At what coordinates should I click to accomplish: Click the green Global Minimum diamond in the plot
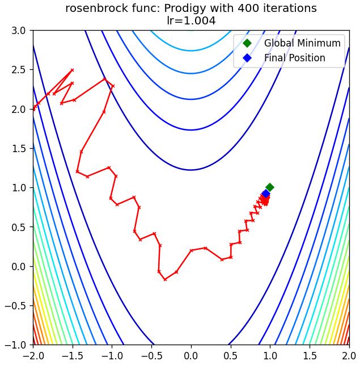tap(270, 187)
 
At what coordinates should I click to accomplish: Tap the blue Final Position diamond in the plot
tap(266, 194)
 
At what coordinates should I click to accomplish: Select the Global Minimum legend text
tap(302, 43)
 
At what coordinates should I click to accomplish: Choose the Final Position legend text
tap(295, 58)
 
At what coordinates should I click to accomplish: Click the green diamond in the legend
tap(247, 43)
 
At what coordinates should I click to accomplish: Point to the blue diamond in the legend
tap(247, 58)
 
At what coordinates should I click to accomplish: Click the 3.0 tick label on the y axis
tap(19, 31)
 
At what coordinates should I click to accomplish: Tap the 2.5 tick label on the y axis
tap(19, 70)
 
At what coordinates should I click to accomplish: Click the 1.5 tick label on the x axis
tap(310, 356)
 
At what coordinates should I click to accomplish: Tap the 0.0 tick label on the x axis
tap(191, 356)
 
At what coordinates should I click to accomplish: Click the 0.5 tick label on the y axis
tap(19, 227)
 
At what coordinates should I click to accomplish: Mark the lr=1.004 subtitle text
tap(191, 20)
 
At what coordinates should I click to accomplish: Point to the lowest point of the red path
tap(165, 279)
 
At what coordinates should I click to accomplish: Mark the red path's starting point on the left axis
tap(33, 109)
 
